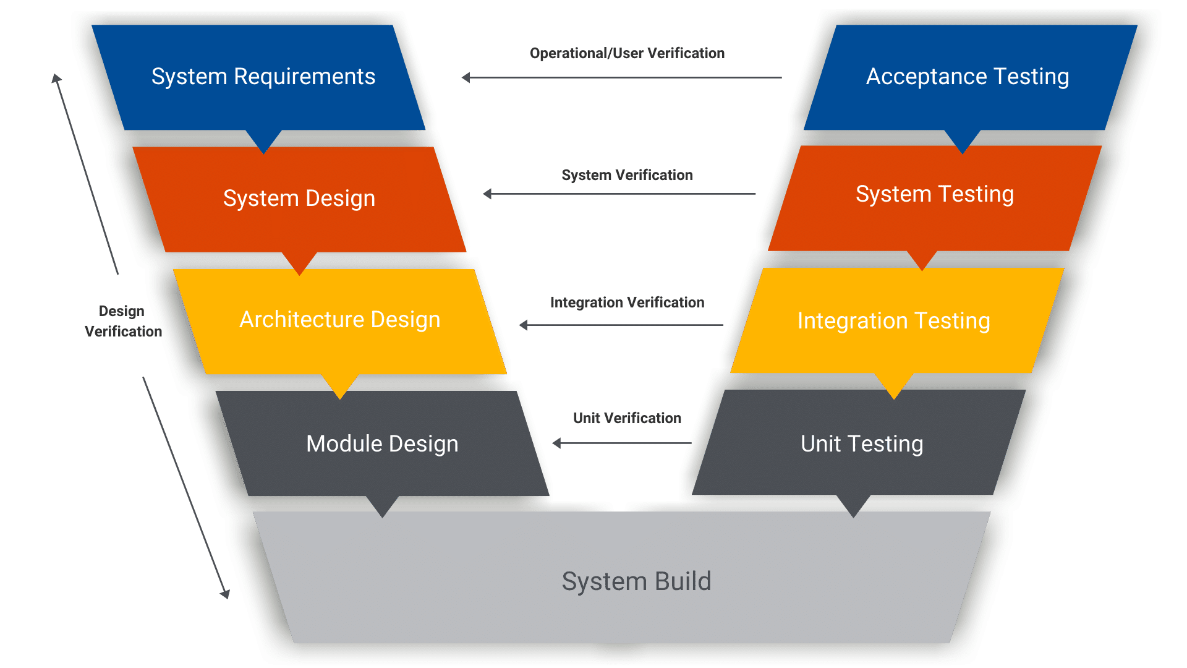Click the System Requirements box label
(x=263, y=77)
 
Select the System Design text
(x=299, y=199)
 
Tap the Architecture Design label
(x=339, y=320)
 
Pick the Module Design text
(x=382, y=444)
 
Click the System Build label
(x=636, y=581)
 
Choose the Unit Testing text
(x=862, y=444)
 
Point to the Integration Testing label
(x=893, y=321)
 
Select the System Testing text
(x=934, y=194)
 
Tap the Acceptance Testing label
(x=967, y=77)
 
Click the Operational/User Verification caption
(x=627, y=53)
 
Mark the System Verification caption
(x=627, y=175)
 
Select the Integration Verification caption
(x=627, y=302)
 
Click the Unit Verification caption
(x=627, y=418)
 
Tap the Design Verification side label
(x=123, y=321)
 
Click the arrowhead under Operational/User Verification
(x=466, y=78)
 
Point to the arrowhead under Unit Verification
(x=557, y=443)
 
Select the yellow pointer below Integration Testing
(x=894, y=387)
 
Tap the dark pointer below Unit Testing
(x=853, y=507)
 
